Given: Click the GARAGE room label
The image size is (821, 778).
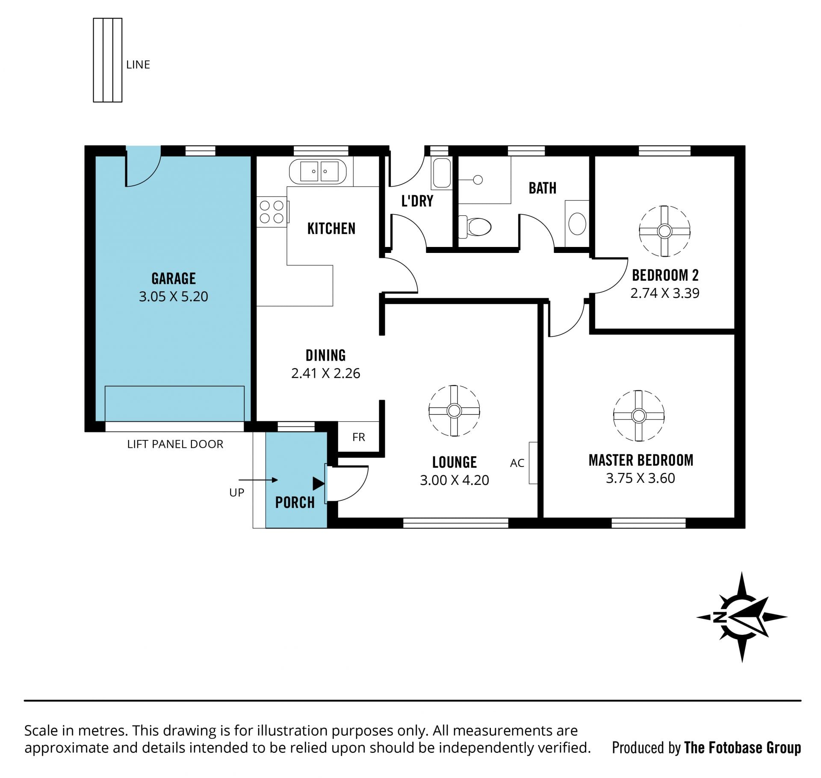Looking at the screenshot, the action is [174, 279].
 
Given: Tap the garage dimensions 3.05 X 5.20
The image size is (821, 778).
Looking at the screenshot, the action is [174, 297].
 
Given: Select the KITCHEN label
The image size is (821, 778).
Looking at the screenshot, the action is [331, 229].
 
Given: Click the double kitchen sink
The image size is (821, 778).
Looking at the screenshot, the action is [318, 172].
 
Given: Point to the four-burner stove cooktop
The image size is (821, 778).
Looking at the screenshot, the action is [272, 212].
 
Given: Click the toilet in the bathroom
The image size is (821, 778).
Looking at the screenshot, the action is [475, 227].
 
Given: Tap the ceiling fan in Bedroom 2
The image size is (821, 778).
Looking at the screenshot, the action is [664, 231].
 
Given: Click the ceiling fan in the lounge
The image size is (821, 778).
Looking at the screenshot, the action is [454, 411].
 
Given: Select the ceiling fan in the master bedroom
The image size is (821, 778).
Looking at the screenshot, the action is [639, 416].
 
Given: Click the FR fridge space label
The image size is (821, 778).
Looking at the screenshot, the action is [359, 437].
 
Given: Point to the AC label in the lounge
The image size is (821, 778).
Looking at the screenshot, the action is [517, 463].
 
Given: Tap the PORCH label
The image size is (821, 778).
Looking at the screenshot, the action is [295, 502].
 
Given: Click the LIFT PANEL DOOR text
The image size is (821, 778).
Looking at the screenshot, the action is [175, 444].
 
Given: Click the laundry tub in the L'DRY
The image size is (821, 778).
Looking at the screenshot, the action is [442, 173].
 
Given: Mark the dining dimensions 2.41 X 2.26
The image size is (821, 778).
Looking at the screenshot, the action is [326, 373].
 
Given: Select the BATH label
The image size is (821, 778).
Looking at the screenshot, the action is [543, 188].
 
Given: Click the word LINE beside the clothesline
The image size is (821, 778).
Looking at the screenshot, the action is [138, 65].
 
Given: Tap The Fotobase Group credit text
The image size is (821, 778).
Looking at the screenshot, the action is [742, 748].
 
